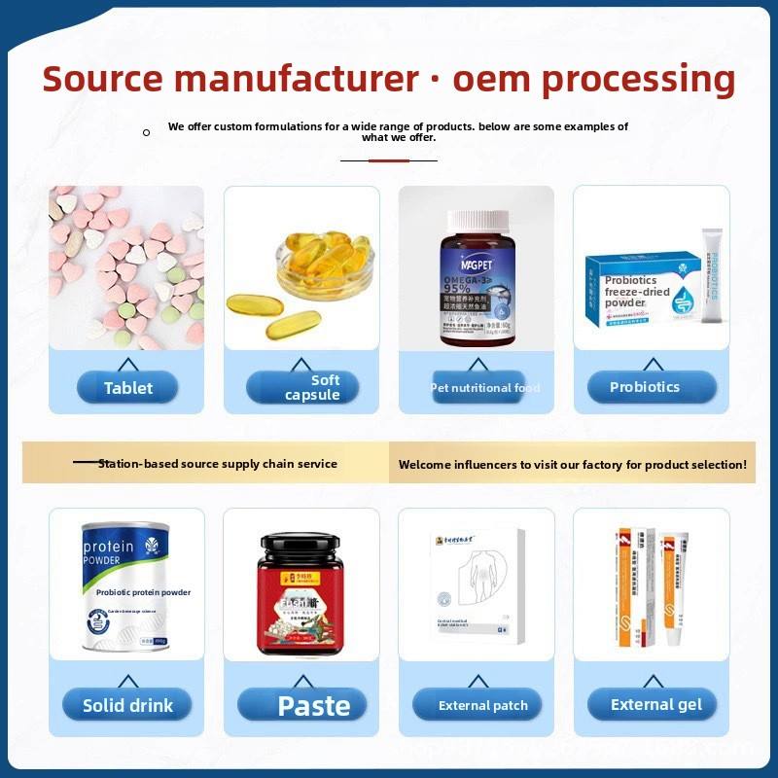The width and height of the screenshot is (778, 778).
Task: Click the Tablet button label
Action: (127, 388)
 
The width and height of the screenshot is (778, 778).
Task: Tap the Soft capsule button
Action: (302, 387)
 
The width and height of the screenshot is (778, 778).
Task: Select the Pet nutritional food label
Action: (484, 388)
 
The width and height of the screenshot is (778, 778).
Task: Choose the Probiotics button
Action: (645, 387)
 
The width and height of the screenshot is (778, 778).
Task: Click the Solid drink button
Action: (127, 705)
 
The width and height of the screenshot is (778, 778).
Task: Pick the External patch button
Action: (482, 705)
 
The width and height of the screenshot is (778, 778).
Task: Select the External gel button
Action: (655, 705)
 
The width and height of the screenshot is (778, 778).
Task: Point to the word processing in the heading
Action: (638, 78)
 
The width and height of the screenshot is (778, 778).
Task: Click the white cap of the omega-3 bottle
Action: (477, 221)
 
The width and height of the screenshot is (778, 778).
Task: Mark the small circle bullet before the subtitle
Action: (146, 132)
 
